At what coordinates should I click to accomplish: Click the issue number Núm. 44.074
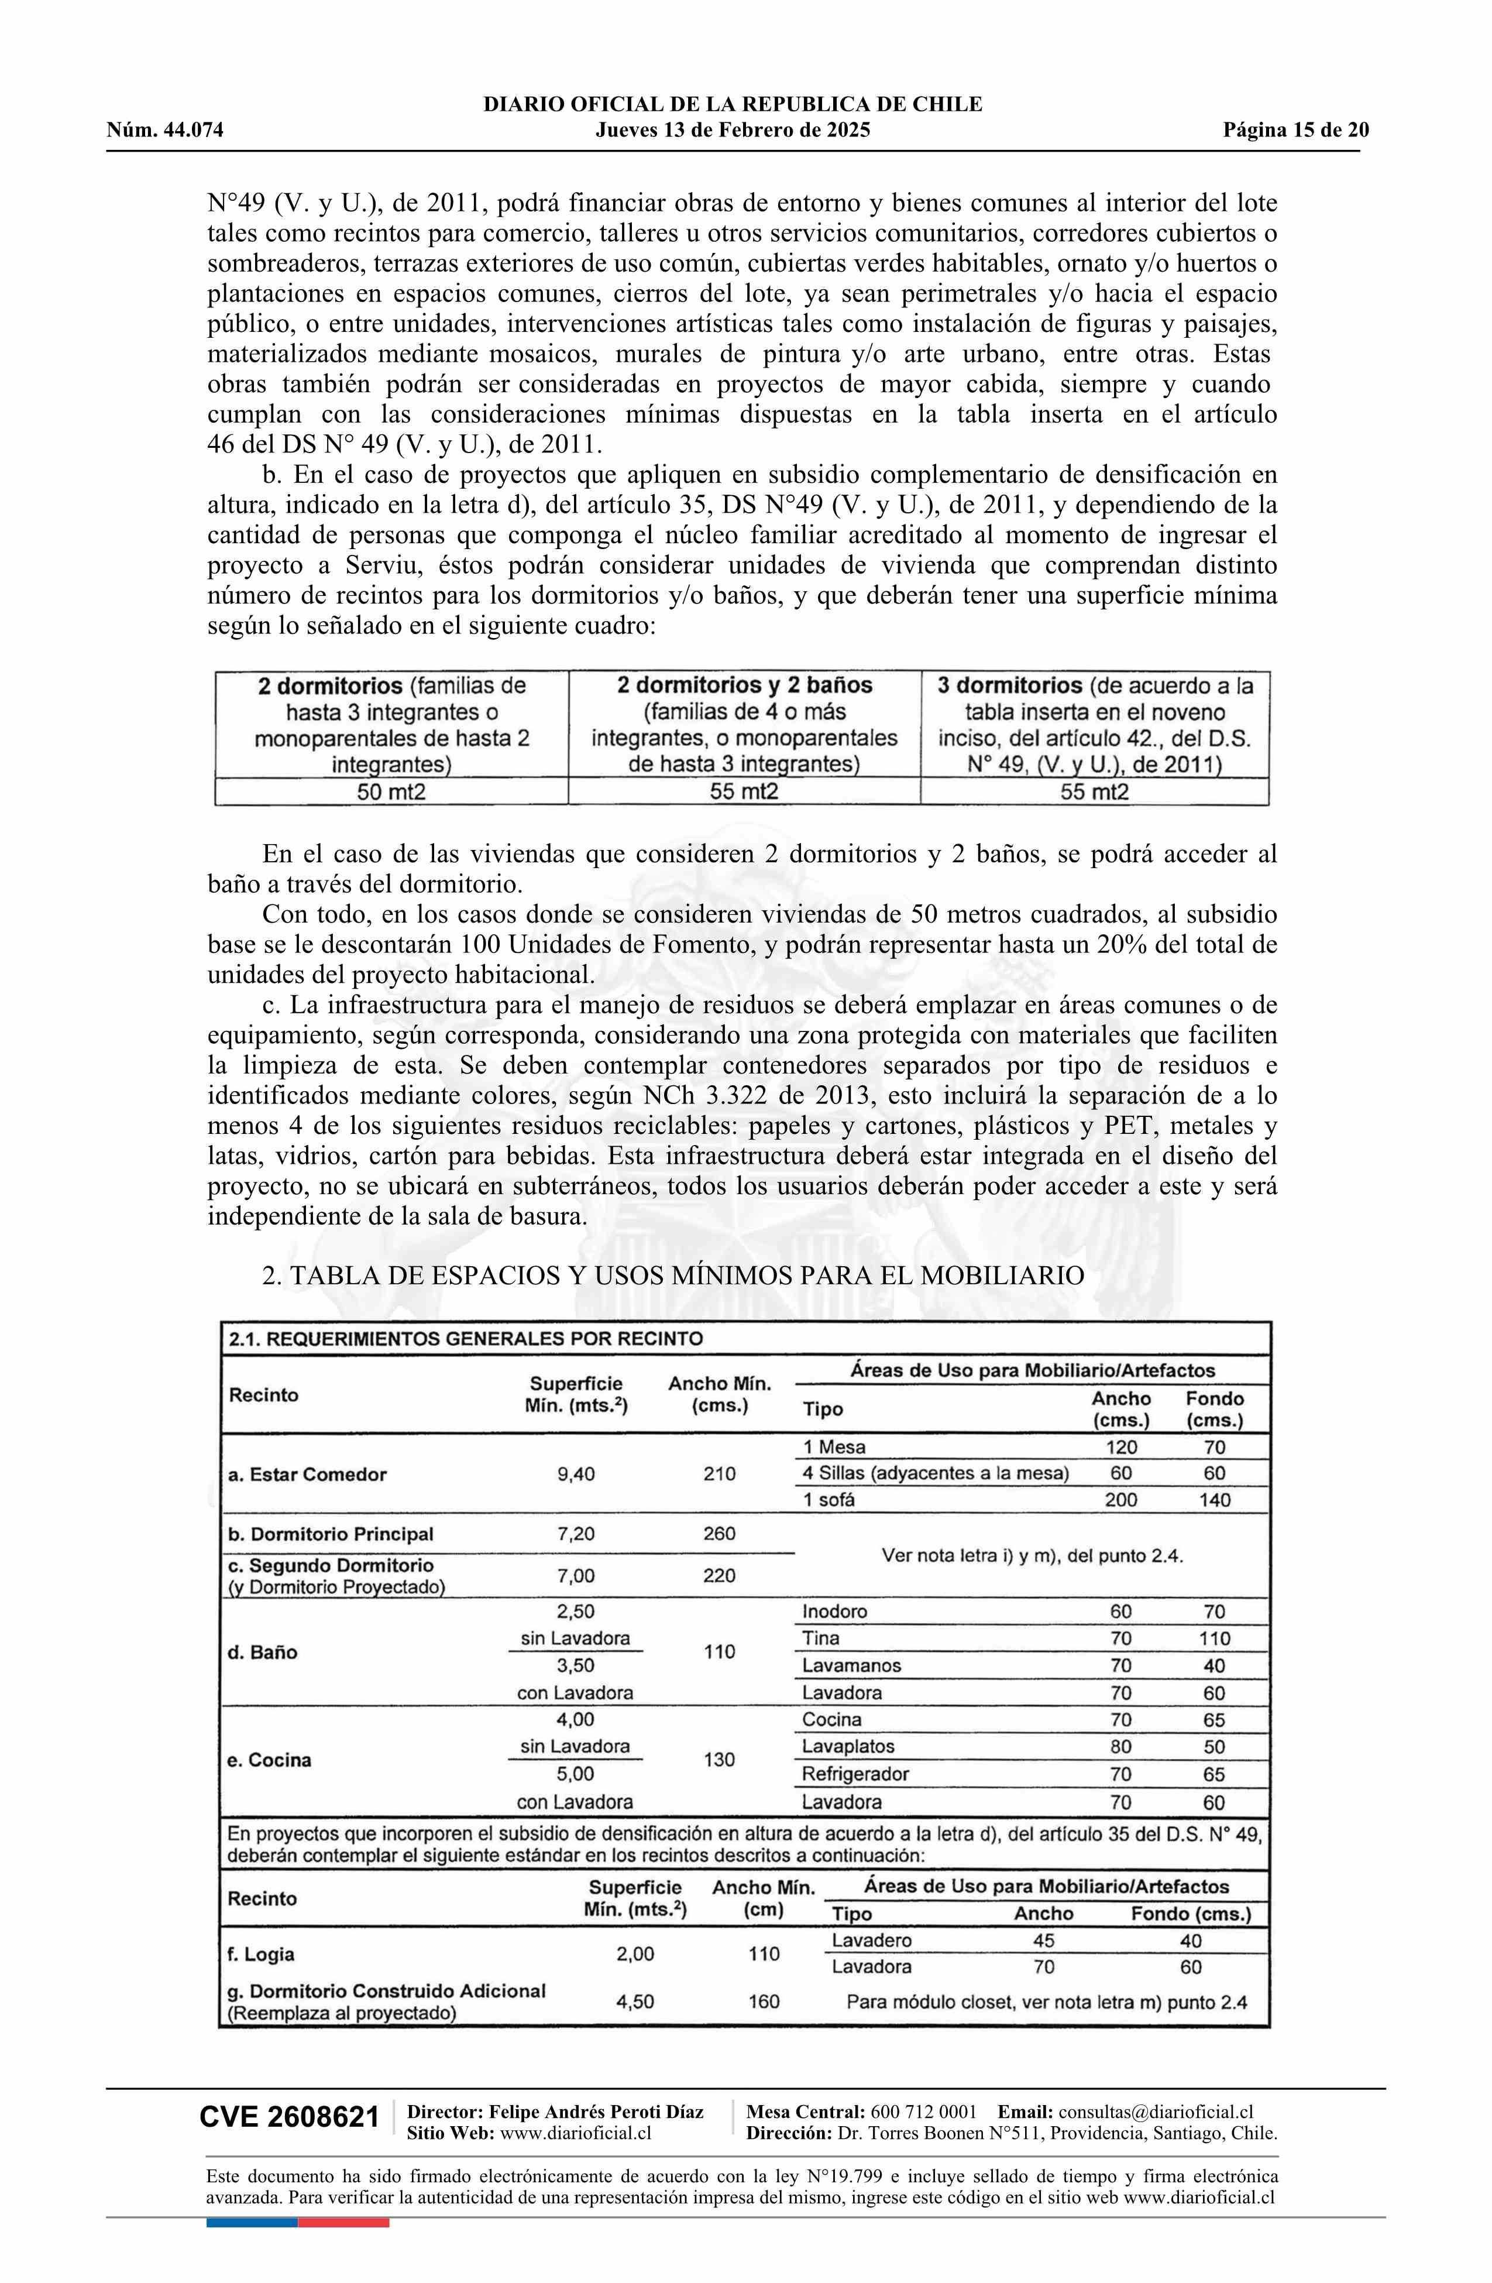165,131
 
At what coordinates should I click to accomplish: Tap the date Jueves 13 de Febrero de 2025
733,131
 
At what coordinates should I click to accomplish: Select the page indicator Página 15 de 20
1295,131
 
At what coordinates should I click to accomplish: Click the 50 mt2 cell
391,791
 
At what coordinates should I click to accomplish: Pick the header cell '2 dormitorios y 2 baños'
744,685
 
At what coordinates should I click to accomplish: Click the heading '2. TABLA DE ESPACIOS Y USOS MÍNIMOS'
673,1275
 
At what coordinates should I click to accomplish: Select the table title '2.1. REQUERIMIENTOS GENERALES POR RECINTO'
466,1338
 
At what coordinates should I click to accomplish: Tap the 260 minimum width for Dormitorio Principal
719,1533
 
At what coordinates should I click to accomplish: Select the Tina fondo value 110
1214,1638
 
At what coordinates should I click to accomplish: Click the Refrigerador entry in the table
855,1774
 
